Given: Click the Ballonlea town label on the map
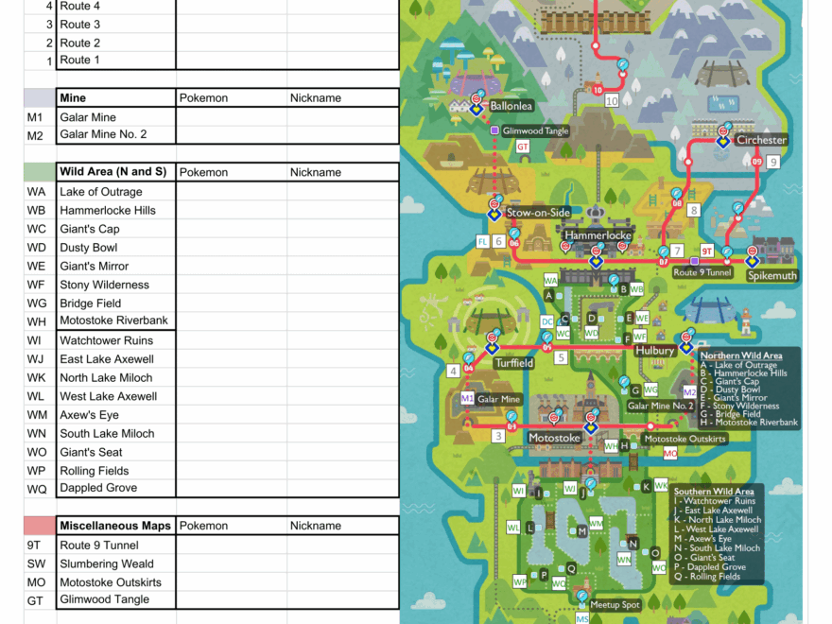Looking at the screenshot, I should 511,106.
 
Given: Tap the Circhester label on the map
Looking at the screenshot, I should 761,140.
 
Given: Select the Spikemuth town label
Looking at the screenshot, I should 771,276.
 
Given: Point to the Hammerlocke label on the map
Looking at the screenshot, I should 598,235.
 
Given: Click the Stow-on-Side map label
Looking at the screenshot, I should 538,213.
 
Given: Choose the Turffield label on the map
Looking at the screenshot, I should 513,363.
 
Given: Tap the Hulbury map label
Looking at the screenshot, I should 654,351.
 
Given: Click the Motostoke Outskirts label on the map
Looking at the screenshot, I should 685,439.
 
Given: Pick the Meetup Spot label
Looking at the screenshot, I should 615,605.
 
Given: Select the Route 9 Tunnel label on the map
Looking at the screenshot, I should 702,272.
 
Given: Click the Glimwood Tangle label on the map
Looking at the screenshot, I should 535,131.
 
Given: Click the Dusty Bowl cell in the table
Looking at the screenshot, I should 88,248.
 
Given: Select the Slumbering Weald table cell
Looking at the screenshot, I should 106,563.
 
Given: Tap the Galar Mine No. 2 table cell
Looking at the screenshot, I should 103,134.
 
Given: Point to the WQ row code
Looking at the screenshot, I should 37,489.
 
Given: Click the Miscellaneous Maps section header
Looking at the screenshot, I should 115,526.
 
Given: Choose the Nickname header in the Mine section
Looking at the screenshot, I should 315,97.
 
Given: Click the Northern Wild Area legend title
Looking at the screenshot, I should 740,355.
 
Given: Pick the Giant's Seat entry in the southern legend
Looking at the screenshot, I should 715,558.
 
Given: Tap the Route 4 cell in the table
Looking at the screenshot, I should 79,6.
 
